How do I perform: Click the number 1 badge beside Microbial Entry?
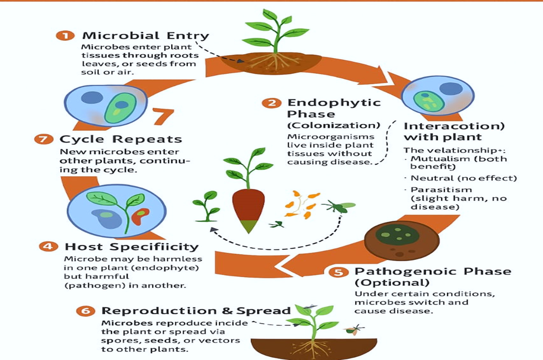(65, 36)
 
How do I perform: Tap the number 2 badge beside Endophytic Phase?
(272, 103)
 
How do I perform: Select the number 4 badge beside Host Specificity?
(49, 246)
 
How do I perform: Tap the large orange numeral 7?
(163, 116)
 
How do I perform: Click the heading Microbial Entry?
(145, 36)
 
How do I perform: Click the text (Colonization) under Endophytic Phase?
(333, 125)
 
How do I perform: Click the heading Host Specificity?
(131, 246)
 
